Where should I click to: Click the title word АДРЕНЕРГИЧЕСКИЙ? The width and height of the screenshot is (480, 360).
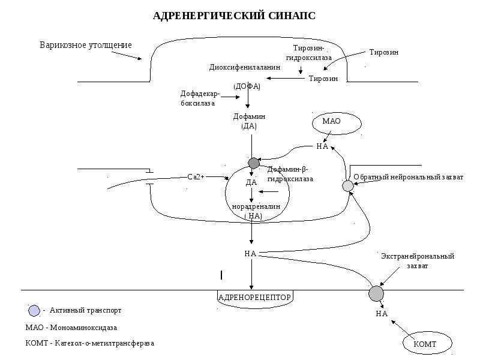click(209, 16)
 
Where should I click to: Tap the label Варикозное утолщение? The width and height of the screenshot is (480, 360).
click(86, 45)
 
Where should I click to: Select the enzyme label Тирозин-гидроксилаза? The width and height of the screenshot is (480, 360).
click(308, 53)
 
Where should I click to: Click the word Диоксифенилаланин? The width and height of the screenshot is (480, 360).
click(245, 67)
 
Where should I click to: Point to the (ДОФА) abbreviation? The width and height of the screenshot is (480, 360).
click(247, 86)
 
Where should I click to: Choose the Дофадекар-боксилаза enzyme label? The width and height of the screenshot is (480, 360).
click(200, 98)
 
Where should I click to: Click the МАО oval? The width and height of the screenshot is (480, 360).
click(337, 124)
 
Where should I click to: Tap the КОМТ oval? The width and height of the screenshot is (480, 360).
click(427, 343)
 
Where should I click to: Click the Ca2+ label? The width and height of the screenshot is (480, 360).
click(196, 177)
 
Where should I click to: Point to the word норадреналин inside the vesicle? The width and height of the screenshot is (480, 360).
click(256, 206)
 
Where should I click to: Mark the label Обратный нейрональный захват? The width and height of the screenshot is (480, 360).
click(409, 177)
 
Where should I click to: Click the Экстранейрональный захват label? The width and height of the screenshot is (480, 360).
click(418, 261)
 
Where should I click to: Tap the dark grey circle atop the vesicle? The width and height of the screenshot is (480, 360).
click(253, 163)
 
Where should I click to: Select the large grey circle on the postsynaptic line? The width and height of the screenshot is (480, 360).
click(376, 293)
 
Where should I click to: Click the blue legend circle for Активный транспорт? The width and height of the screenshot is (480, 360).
click(34, 311)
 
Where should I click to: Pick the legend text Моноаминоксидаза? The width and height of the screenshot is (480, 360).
click(83, 328)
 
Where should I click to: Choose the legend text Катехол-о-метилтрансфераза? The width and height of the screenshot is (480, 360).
click(104, 343)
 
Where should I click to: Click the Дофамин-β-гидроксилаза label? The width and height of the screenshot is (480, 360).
click(290, 174)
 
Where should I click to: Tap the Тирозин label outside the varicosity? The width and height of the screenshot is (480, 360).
click(384, 52)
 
